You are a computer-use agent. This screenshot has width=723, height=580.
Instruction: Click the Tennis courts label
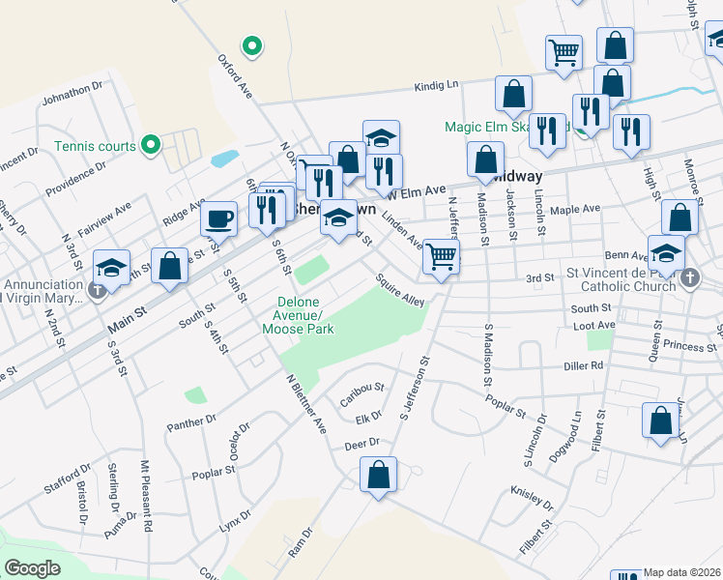pos(95,146)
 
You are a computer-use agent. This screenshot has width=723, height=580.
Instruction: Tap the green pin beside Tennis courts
pos(150,146)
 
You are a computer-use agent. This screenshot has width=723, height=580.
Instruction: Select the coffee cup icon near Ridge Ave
pos(218,218)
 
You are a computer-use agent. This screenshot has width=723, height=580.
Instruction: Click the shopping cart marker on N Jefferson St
pos(441,257)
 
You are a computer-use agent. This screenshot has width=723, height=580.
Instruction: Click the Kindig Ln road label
pos(436,85)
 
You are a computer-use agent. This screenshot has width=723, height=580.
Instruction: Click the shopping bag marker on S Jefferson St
pos(378,475)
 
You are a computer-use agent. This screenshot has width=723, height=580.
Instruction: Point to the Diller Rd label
pos(584,366)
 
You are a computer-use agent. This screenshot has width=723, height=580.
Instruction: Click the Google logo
pos(32,568)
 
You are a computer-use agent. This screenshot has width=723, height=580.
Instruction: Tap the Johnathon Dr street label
pos(72,95)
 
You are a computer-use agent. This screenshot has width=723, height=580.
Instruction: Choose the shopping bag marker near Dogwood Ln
pos(661,421)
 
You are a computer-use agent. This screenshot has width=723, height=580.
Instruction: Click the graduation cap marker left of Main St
pos(111,268)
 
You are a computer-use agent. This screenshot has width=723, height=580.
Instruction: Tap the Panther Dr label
pos(191,421)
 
